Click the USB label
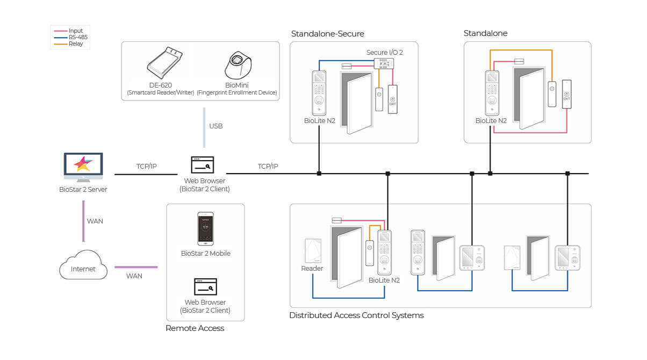coord(216,126)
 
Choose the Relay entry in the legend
coord(76,44)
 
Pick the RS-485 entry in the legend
coord(78,37)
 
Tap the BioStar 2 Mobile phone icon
coord(205,229)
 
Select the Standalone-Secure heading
coord(327,34)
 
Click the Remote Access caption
coord(195,328)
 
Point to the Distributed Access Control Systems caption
coord(356,315)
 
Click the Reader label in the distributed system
coord(312,268)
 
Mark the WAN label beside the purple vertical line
coord(95,221)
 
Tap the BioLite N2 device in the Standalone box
coord(492,92)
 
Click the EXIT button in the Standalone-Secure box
coord(393,99)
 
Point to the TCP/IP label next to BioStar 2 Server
coord(146,167)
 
